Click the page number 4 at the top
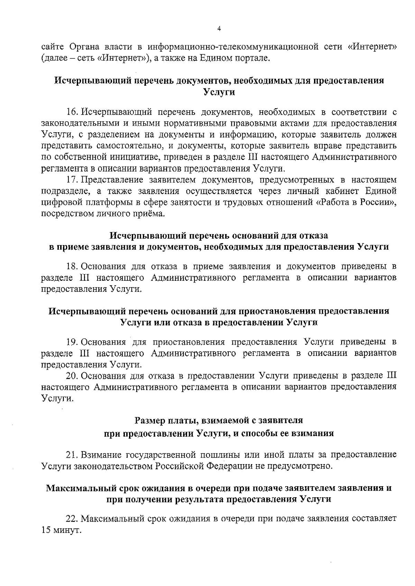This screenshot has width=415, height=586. coord(219,29)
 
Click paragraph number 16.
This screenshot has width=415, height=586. coord(71,113)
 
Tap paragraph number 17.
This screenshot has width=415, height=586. coord(71,180)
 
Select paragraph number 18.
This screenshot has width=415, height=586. coord(71,267)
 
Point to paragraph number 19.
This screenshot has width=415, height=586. coord(71,342)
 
